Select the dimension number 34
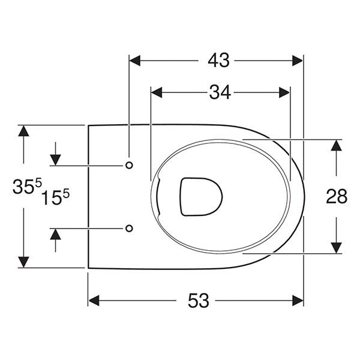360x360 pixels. pos(220,92)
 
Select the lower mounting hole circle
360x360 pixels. pos(129,228)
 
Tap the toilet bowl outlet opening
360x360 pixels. pos(201,196)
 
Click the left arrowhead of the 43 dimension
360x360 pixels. pos(134,60)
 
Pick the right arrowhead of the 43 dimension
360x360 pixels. pos(298,60)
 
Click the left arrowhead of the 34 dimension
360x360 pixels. pos(155,92)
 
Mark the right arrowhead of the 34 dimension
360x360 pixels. pos(285,92)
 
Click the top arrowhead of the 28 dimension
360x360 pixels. pos(337,145)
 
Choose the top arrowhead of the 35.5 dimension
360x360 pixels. pos(23,130)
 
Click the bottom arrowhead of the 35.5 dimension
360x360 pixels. pos(23,262)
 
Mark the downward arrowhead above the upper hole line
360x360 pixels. pos(55,160)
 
